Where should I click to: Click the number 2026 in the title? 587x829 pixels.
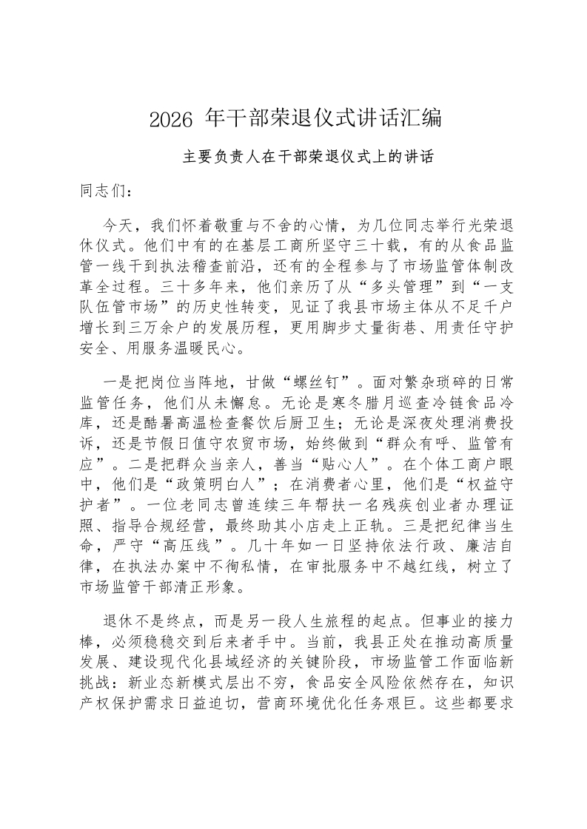(171, 118)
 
